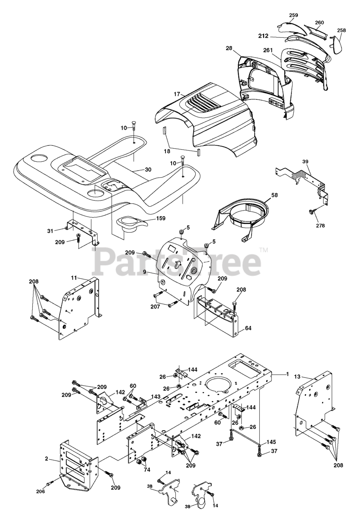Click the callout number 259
pyautogui.click(x=293, y=15)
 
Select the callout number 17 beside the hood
pyautogui.click(x=177, y=94)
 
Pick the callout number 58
pyautogui.click(x=274, y=195)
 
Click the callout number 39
pyautogui.click(x=305, y=161)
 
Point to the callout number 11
pyautogui.click(x=74, y=278)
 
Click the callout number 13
pyautogui.click(x=297, y=376)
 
